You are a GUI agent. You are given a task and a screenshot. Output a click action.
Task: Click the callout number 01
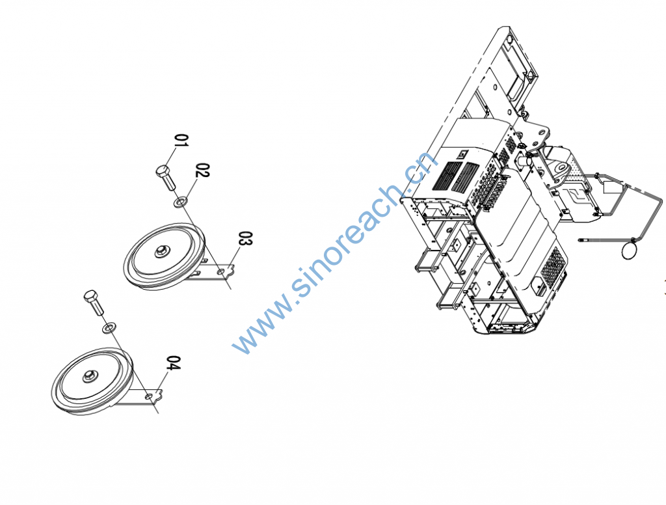tap(182, 141)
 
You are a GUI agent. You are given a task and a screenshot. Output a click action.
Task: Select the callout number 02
tap(202, 172)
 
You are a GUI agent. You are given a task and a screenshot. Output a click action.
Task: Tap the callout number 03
tap(245, 239)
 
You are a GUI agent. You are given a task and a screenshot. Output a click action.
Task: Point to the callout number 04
tap(173, 363)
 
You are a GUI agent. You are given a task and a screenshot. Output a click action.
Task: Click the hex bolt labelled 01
tap(165, 176)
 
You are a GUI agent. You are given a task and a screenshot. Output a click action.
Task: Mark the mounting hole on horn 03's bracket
tap(222, 270)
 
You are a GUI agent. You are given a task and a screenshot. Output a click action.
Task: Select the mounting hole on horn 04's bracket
tap(150, 395)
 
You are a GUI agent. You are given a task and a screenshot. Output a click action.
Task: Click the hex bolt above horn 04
tap(92, 301)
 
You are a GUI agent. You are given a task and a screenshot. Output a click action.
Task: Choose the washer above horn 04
tap(108, 325)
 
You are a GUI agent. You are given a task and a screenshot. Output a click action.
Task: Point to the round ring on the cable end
tap(629, 250)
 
